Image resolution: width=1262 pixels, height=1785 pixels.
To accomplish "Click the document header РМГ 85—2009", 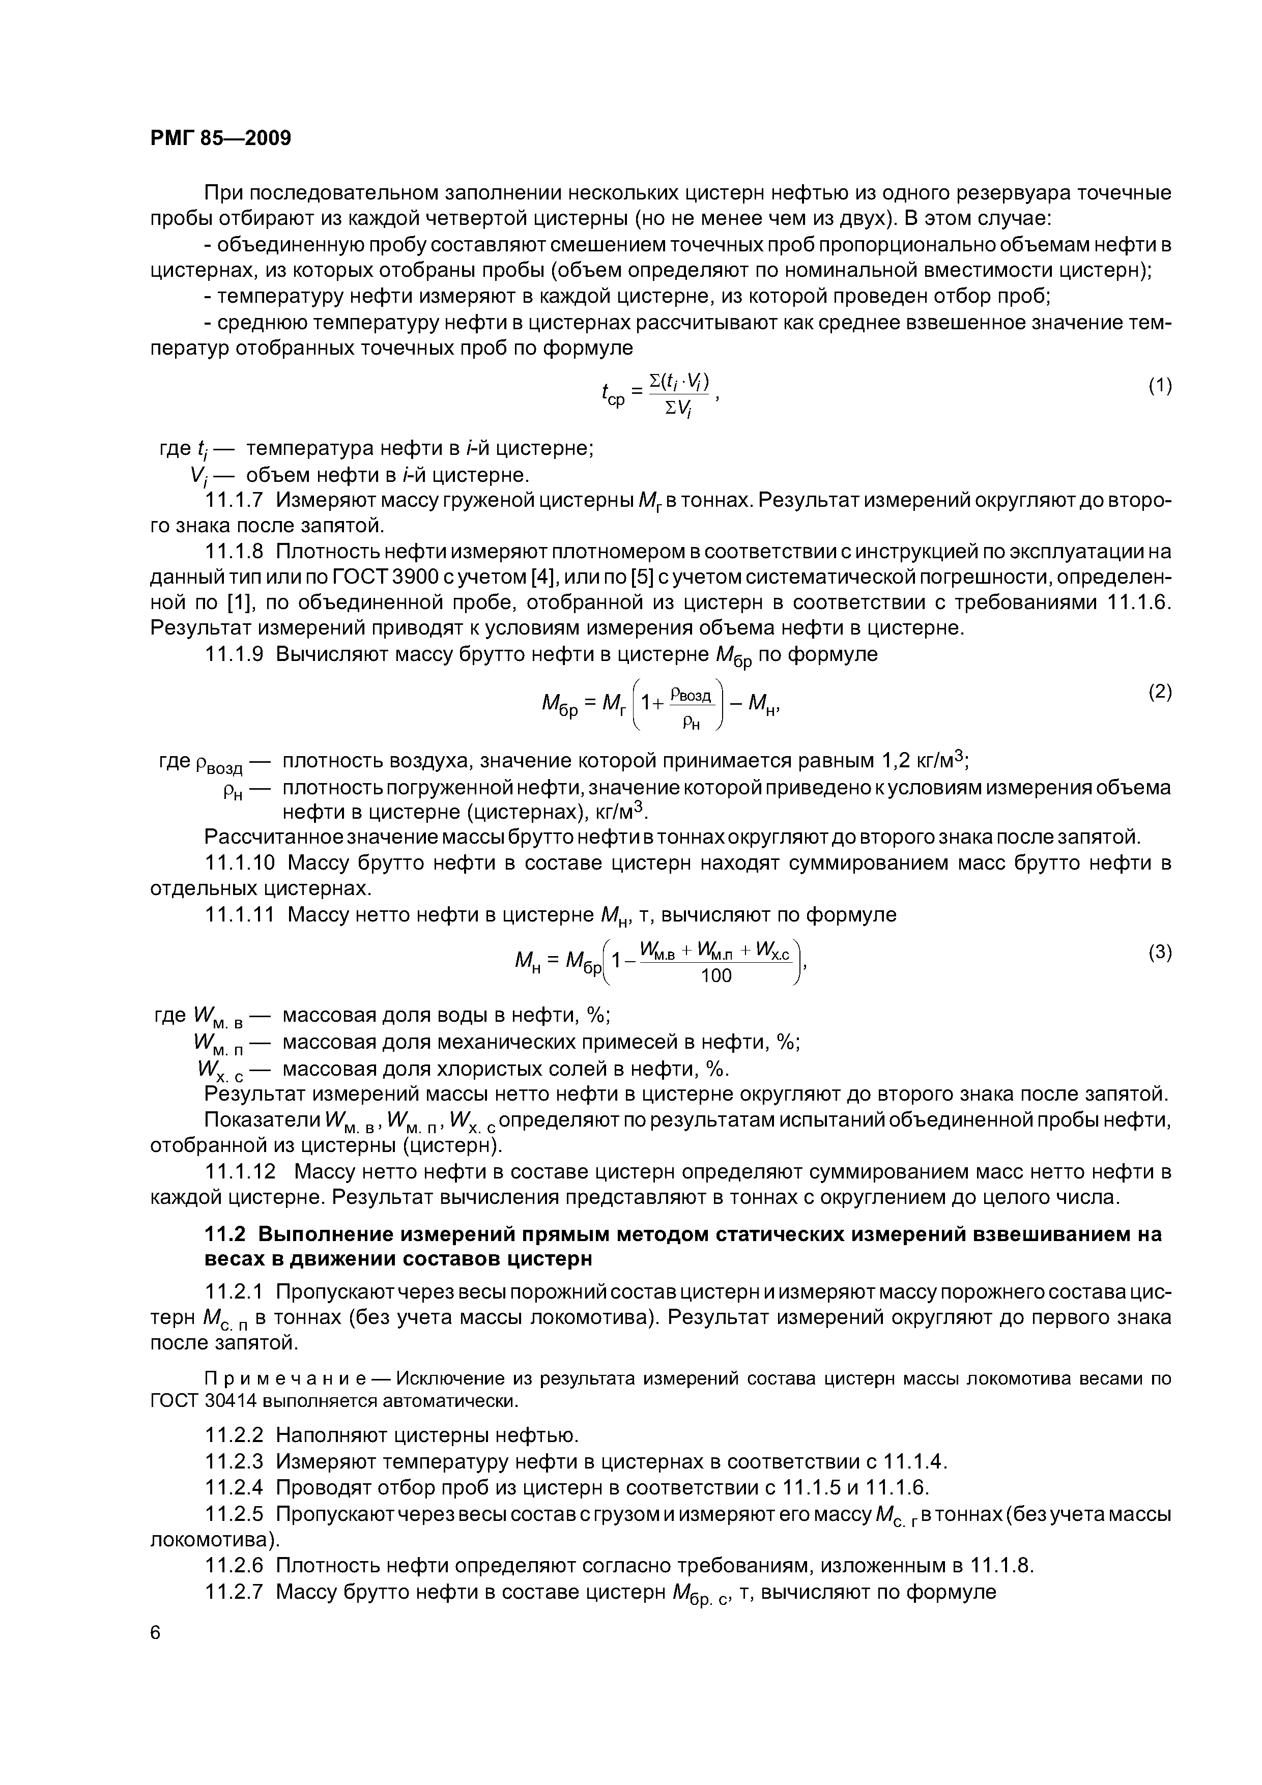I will click(x=220, y=138).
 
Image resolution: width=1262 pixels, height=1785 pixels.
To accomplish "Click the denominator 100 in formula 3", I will click(x=716, y=975).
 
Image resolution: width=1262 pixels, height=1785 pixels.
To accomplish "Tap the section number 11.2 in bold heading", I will click(x=225, y=1234).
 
